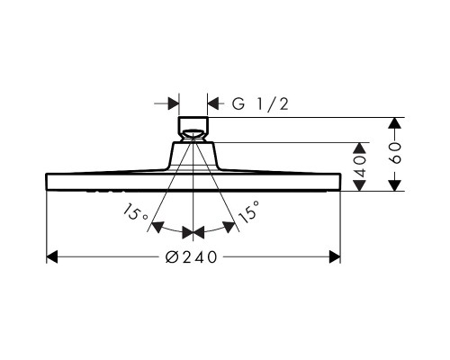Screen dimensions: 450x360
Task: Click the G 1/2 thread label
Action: pyautogui.click(x=260, y=104)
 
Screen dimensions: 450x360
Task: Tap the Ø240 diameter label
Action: pyautogui.click(x=191, y=257)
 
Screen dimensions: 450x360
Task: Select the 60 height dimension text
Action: pyautogui.click(x=396, y=153)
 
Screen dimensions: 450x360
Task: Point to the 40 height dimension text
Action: pyautogui.click(x=360, y=166)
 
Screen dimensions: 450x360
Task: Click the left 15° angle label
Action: pyautogui.click(x=135, y=212)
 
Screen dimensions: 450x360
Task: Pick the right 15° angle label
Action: pyautogui.click(x=248, y=212)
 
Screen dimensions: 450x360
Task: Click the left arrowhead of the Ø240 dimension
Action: pyautogui.click(x=52, y=257)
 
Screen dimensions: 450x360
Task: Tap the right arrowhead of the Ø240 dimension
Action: pyautogui.click(x=335, y=257)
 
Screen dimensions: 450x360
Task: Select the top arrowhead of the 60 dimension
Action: pyautogui.click(x=396, y=123)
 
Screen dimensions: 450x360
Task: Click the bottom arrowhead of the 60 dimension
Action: pyautogui.click(x=396, y=185)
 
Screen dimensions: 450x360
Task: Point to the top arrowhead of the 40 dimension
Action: pyautogui.click(x=360, y=148)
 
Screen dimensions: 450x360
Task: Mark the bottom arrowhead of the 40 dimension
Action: pyautogui.click(x=360, y=185)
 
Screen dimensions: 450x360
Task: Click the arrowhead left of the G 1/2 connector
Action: pyautogui.click(x=174, y=103)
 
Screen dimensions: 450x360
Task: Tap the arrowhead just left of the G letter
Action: pyautogui.click(x=213, y=103)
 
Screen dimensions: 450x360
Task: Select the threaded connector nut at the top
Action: pyautogui.click(x=193, y=124)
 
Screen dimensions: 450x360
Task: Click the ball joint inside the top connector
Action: pyautogui.click(x=193, y=134)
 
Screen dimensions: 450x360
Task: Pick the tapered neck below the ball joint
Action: pyautogui.click(x=193, y=156)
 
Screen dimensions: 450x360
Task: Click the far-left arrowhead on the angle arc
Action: pyautogui.click(x=157, y=227)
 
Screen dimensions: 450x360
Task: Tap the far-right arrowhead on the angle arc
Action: pyautogui.click(x=229, y=227)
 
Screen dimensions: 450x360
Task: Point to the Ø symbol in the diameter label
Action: pyautogui.click(x=171, y=257)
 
